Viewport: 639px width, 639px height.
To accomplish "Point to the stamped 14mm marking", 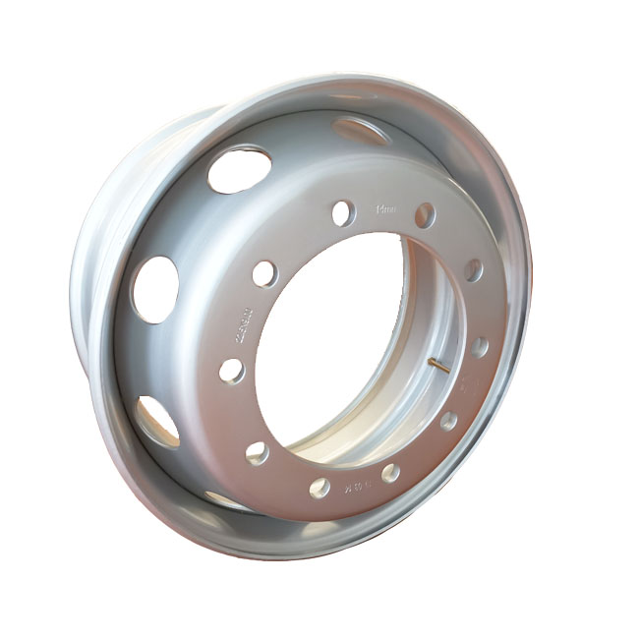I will click(384, 208).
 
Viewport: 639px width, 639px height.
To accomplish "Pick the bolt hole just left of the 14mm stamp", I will click(342, 212).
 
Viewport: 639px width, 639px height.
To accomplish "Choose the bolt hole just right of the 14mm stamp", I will click(424, 215).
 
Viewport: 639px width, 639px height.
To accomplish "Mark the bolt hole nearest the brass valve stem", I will click(479, 347).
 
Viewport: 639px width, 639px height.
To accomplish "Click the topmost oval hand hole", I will click(361, 130).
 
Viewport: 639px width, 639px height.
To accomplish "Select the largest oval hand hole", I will click(240, 169).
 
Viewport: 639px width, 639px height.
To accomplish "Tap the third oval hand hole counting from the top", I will click(155, 287).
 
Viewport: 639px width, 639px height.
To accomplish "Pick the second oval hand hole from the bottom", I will click(158, 421).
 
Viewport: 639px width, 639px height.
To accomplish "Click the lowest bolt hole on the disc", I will click(319, 487).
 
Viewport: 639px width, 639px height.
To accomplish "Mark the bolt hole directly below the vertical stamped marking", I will click(232, 371).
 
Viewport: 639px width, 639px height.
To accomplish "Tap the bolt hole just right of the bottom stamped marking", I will click(390, 473).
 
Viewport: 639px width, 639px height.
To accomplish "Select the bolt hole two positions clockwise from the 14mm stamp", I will click(474, 269).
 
